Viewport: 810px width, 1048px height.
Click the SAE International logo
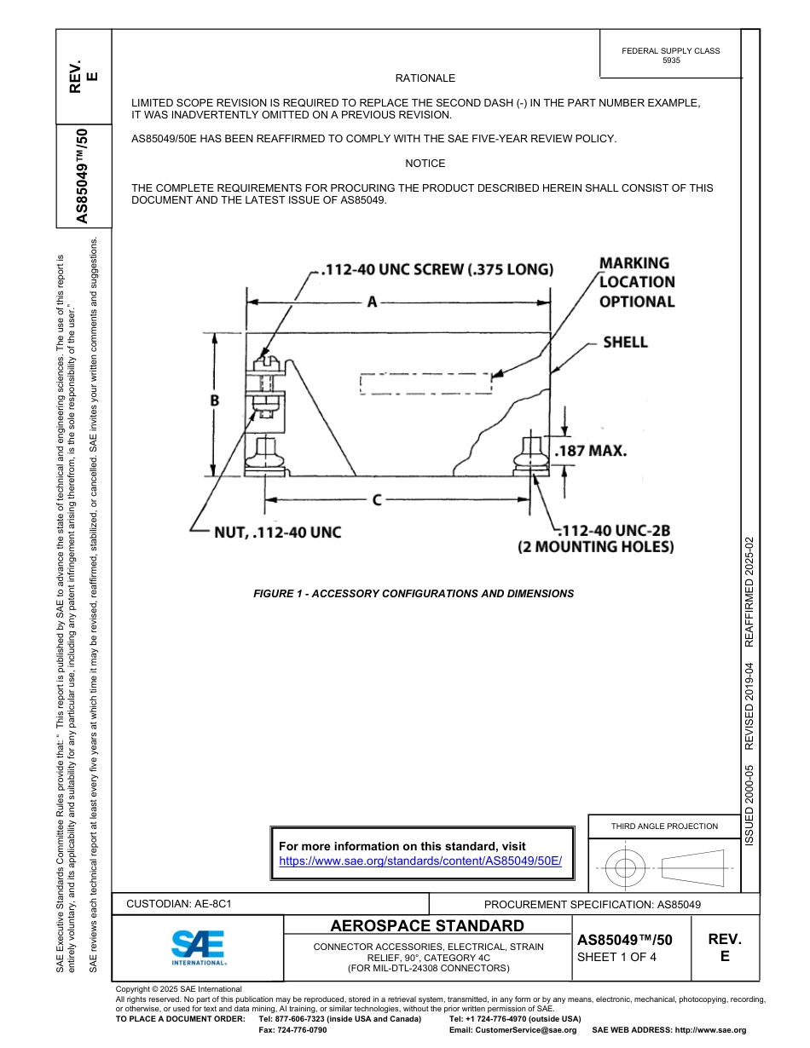point(199,947)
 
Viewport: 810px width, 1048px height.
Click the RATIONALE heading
point(425,78)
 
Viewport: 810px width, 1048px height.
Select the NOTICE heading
point(425,164)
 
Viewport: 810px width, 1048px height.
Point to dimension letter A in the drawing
point(372,302)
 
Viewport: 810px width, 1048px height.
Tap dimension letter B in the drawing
point(216,400)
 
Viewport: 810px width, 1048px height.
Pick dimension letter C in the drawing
point(376,500)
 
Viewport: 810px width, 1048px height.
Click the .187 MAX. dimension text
point(591,451)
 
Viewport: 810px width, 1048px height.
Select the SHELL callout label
point(625,343)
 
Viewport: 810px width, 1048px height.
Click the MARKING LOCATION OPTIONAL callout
point(636,282)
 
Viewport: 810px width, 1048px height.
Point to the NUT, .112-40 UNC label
point(277,533)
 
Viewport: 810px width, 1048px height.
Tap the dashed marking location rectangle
point(426,383)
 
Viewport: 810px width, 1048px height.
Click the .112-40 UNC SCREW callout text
point(436,270)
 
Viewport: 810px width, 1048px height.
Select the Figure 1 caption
point(414,594)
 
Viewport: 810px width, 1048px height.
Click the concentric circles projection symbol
point(626,868)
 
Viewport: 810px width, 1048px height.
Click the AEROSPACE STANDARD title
point(427,926)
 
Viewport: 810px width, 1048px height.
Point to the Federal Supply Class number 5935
point(671,60)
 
